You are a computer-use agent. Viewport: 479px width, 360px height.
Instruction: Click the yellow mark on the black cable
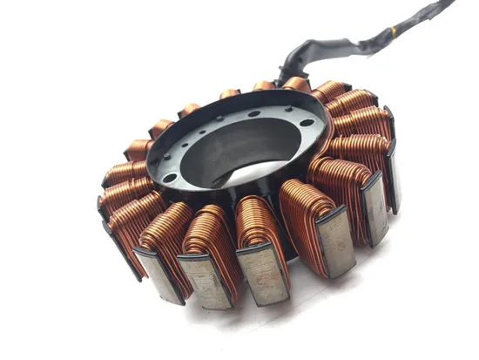point(393,31)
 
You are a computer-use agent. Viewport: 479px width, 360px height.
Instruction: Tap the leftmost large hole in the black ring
point(170,178)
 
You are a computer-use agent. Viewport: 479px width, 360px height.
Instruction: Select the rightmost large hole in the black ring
point(307,122)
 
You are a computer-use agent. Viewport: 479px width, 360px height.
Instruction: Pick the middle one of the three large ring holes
point(254,113)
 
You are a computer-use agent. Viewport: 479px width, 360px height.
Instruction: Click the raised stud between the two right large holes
point(288,108)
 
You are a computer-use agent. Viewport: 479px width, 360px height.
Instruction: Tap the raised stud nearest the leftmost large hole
point(166,156)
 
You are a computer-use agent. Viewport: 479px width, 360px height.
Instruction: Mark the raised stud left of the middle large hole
point(219,118)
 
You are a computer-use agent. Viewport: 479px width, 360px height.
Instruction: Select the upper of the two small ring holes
point(202,132)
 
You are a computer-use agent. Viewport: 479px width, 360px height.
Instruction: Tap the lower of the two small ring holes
point(185,145)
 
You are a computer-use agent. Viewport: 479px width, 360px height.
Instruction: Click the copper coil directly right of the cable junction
point(331,90)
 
